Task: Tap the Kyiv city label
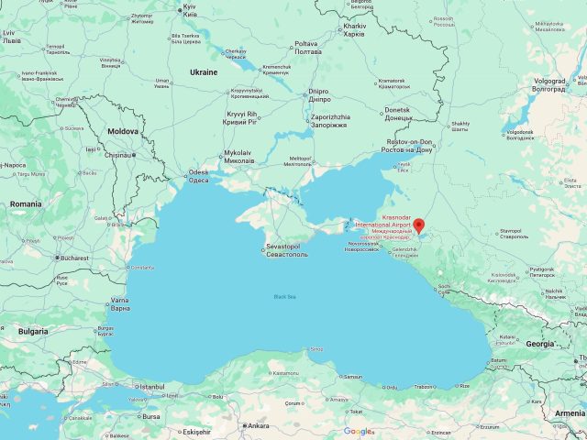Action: [x=190, y=11]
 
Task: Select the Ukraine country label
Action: [x=203, y=71]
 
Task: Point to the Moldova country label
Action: [x=123, y=132]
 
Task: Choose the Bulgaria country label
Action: [x=33, y=331]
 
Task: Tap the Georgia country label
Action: [x=539, y=344]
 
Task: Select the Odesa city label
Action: [x=198, y=176]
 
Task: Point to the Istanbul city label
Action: [x=151, y=387]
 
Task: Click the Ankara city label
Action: [x=258, y=425]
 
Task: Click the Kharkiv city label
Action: [x=354, y=28]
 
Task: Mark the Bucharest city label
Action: [x=71, y=258]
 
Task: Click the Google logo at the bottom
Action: [x=359, y=432]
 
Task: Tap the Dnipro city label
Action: [x=318, y=95]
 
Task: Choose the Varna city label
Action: [x=120, y=303]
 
